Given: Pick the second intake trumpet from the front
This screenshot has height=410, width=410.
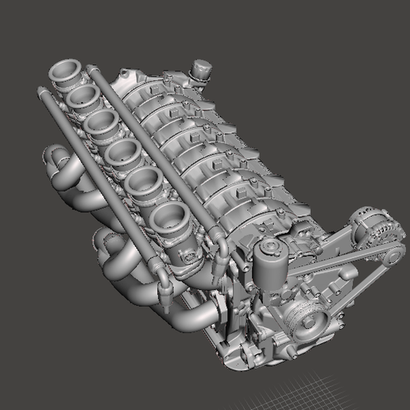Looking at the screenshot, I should pyautogui.click(x=146, y=184).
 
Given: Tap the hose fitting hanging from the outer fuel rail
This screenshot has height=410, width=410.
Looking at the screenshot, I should pyautogui.click(x=165, y=293).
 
